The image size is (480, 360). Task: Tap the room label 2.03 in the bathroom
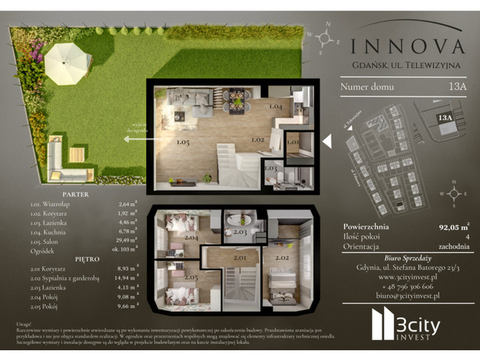tap(240, 232)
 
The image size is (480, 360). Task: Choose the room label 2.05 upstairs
tap(190, 277)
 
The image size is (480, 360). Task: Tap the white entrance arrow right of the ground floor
tap(326, 140)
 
